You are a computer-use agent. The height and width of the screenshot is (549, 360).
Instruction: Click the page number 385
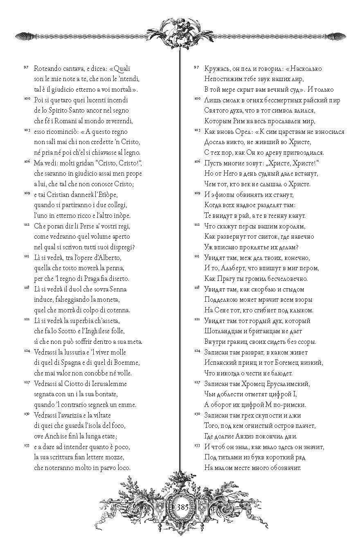[x=182, y=507]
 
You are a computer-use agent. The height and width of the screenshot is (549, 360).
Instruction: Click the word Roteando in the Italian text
[x=47, y=68]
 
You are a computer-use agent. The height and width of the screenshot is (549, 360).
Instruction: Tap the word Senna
[x=117, y=289]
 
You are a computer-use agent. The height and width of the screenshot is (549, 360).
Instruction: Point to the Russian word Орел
[x=240, y=131]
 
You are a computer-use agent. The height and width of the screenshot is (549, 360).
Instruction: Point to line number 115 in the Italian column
[x=25, y=256]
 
